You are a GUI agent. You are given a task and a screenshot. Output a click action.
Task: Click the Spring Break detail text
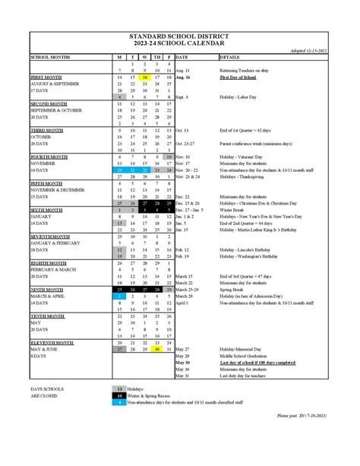232,289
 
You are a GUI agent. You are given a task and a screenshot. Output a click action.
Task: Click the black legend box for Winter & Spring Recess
119,396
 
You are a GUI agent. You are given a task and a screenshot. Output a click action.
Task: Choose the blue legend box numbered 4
119,403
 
